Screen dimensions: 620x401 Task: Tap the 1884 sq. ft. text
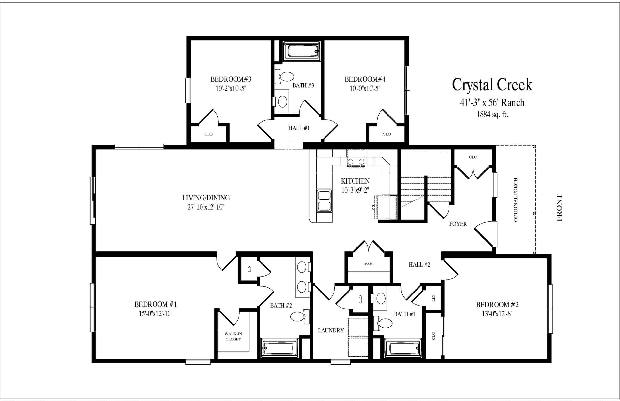(x=492, y=114)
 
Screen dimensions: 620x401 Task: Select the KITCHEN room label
(x=355, y=181)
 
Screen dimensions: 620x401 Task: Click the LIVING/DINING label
(x=206, y=198)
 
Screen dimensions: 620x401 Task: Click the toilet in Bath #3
(x=284, y=77)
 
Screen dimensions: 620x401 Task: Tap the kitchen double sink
(x=324, y=201)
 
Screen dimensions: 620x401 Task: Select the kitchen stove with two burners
(x=356, y=158)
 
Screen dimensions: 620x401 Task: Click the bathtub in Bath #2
(x=279, y=348)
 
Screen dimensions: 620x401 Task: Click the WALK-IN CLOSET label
(x=233, y=336)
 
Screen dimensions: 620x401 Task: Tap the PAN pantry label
(x=369, y=264)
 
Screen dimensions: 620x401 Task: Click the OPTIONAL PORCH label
(x=516, y=200)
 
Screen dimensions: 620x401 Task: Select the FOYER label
(x=458, y=224)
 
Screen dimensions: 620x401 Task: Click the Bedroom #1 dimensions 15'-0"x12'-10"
(x=156, y=314)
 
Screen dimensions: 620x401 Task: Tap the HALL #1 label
(x=299, y=128)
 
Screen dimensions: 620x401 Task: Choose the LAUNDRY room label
(x=331, y=331)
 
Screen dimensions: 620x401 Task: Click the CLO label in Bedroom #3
(x=209, y=134)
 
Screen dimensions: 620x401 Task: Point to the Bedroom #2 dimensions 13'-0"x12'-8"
(x=497, y=314)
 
